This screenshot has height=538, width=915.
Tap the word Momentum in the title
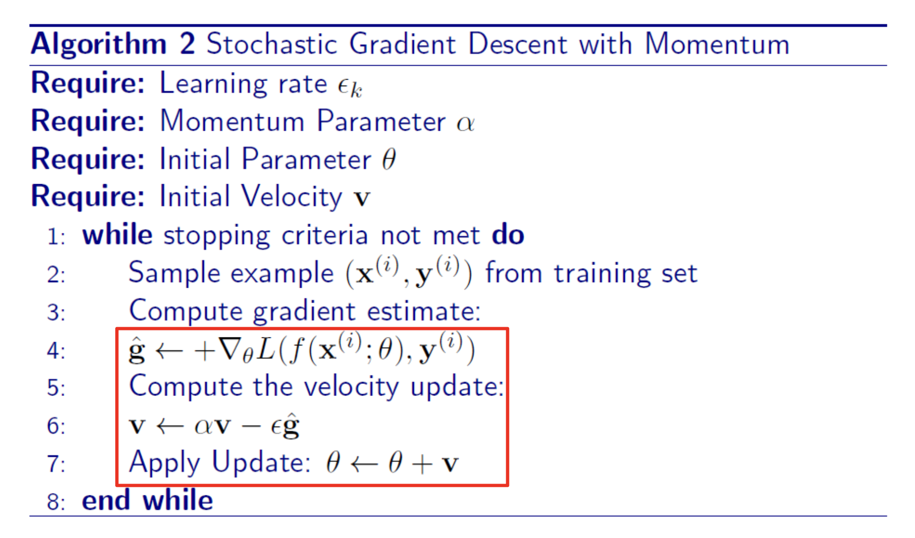click(718, 44)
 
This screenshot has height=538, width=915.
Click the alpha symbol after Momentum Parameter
click(465, 123)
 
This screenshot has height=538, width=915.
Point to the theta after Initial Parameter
click(389, 159)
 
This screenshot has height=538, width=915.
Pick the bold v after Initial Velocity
click(362, 198)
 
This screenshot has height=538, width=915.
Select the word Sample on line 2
click(174, 273)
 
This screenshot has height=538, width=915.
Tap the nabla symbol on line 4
click(230, 349)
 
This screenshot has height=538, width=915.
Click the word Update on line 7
click(261, 463)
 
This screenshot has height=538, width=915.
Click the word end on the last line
click(106, 500)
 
